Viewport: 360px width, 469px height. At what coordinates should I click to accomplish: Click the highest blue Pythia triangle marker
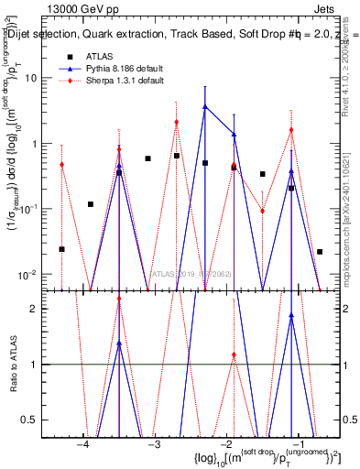(x=205, y=106)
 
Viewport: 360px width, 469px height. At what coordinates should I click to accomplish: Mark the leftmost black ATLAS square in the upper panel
(x=61, y=249)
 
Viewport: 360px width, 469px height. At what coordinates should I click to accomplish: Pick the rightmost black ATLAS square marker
(x=320, y=251)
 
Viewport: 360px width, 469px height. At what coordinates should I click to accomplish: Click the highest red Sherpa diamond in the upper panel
(x=177, y=122)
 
